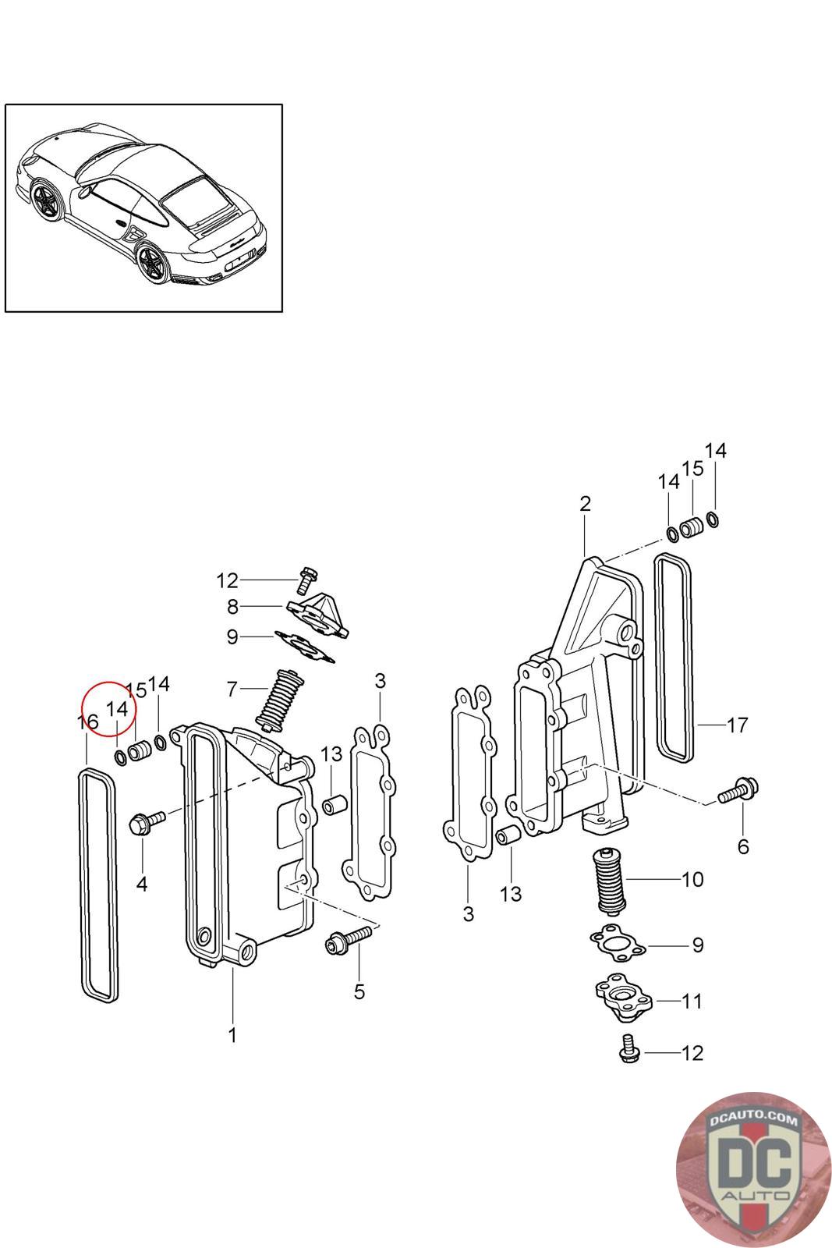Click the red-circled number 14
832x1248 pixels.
pos(117,709)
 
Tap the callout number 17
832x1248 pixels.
pos(738,725)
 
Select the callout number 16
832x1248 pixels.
pos(87,722)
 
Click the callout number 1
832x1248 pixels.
pos(233,1034)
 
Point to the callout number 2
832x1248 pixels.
pos(585,504)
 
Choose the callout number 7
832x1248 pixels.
pos(232,690)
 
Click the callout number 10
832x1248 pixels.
pos(692,879)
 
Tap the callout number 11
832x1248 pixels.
pos(692,1001)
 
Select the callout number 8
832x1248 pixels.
pos(233,607)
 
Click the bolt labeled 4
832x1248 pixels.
pos(147,821)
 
